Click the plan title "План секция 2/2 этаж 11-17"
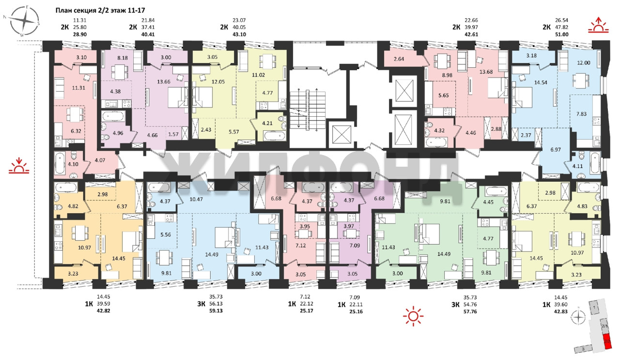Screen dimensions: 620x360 point(100,11)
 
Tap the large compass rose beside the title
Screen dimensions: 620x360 point(24,21)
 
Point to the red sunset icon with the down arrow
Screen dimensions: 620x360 point(19,165)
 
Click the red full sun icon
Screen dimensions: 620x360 point(413,316)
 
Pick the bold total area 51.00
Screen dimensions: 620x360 point(561,34)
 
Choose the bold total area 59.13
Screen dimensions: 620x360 point(216,311)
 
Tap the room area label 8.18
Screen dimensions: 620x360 point(123,58)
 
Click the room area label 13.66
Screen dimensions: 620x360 point(164,82)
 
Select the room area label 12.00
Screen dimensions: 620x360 point(584,63)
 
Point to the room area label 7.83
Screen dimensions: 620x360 point(582,114)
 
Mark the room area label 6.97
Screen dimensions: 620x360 point(556,150)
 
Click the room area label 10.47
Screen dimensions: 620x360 point(196,199)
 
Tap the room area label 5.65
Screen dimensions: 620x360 point(443,95)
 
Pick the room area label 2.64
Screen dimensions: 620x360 point(399,59)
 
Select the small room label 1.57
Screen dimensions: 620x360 point(173,134)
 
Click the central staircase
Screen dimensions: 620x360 point(307,110)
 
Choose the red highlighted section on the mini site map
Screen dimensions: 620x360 point(607,342)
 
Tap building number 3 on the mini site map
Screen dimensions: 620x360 point(583,349)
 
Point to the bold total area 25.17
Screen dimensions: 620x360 point(307,311)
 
